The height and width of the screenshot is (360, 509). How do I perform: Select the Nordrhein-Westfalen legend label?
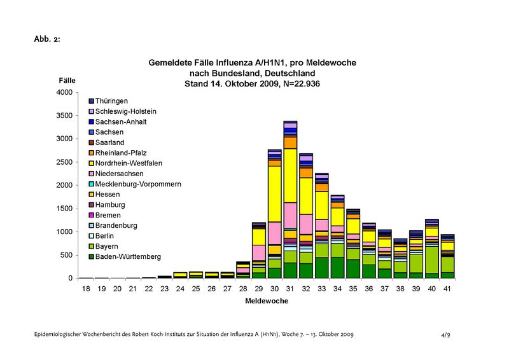129,163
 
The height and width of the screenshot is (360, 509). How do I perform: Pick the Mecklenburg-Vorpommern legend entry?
138,184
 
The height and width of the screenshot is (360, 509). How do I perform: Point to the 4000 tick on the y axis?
65,92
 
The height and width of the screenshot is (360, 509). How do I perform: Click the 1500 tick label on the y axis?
65,209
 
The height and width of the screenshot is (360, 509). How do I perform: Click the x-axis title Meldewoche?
267,301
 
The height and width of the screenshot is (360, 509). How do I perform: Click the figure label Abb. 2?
47,39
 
